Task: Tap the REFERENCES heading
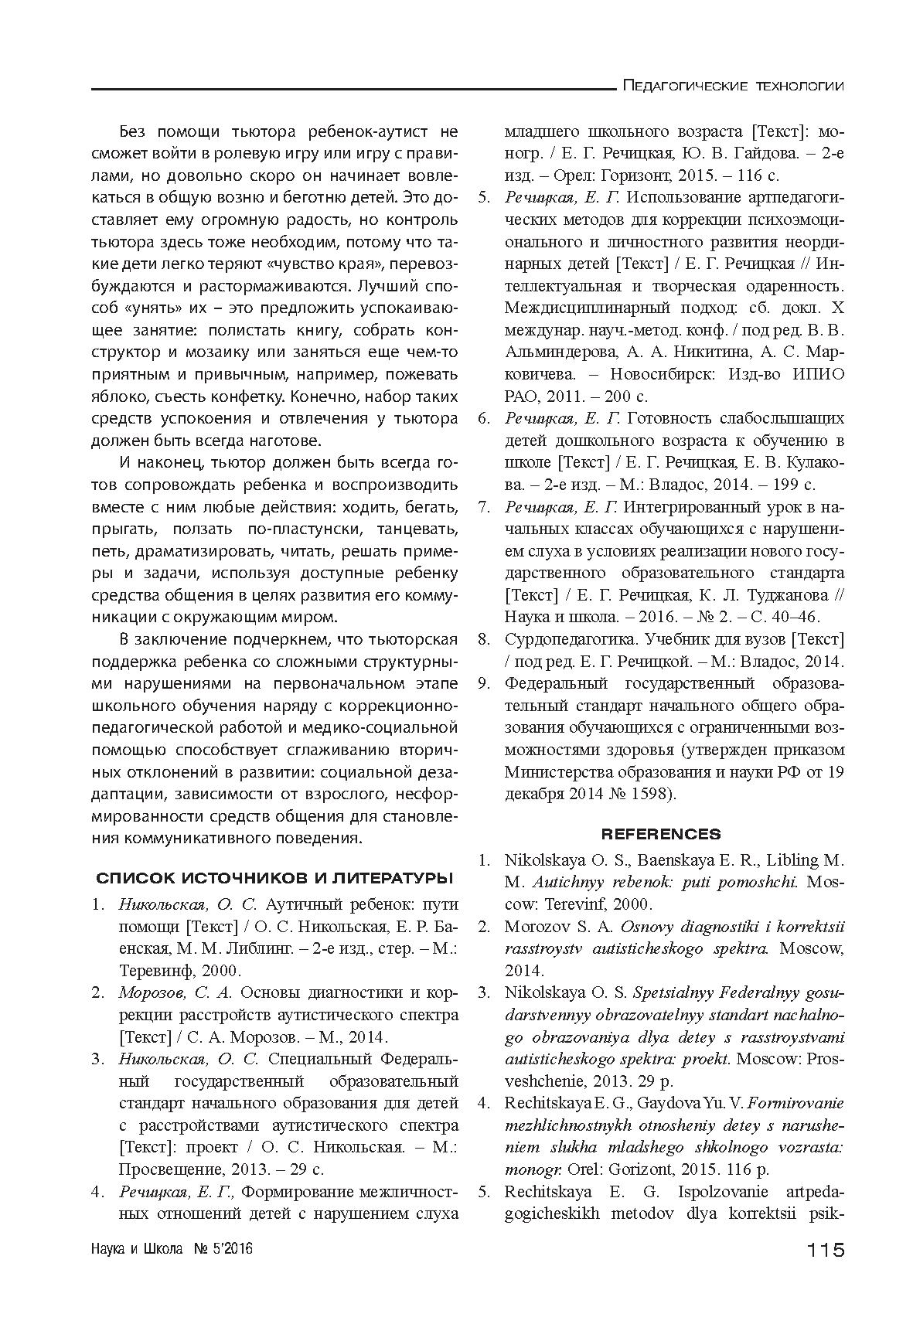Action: (660, 834)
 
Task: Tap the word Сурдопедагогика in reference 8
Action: (564, 640)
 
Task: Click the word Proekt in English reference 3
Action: (707, 1058)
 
